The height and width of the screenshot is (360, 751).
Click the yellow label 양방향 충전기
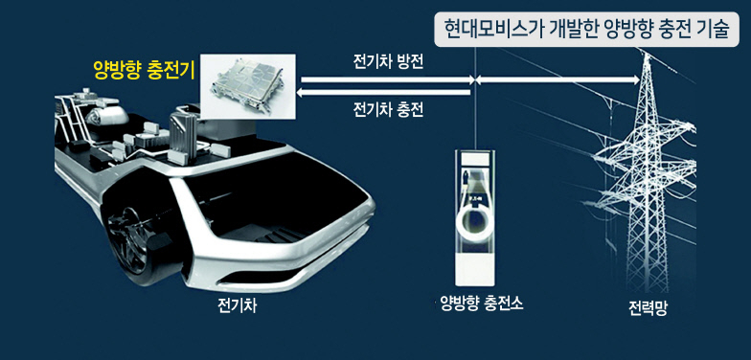coord(144,71)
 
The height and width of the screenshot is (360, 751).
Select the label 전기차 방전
coord(387,63)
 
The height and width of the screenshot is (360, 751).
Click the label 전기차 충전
coord(387,109)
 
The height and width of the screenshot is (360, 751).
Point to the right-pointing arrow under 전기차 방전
coord(387,80)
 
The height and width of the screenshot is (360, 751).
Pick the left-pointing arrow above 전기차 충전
coord(383,92)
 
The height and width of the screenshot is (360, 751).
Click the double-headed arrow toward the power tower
coord(557,80)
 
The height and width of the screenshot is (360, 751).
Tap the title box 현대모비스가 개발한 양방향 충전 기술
coord(586,29)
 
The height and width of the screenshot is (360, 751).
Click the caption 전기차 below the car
coord(238,305)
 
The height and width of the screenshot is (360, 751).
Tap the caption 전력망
coord(648,306)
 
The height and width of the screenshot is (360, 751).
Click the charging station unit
coord(475,218)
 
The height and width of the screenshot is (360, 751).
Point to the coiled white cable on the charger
coord(474,222)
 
